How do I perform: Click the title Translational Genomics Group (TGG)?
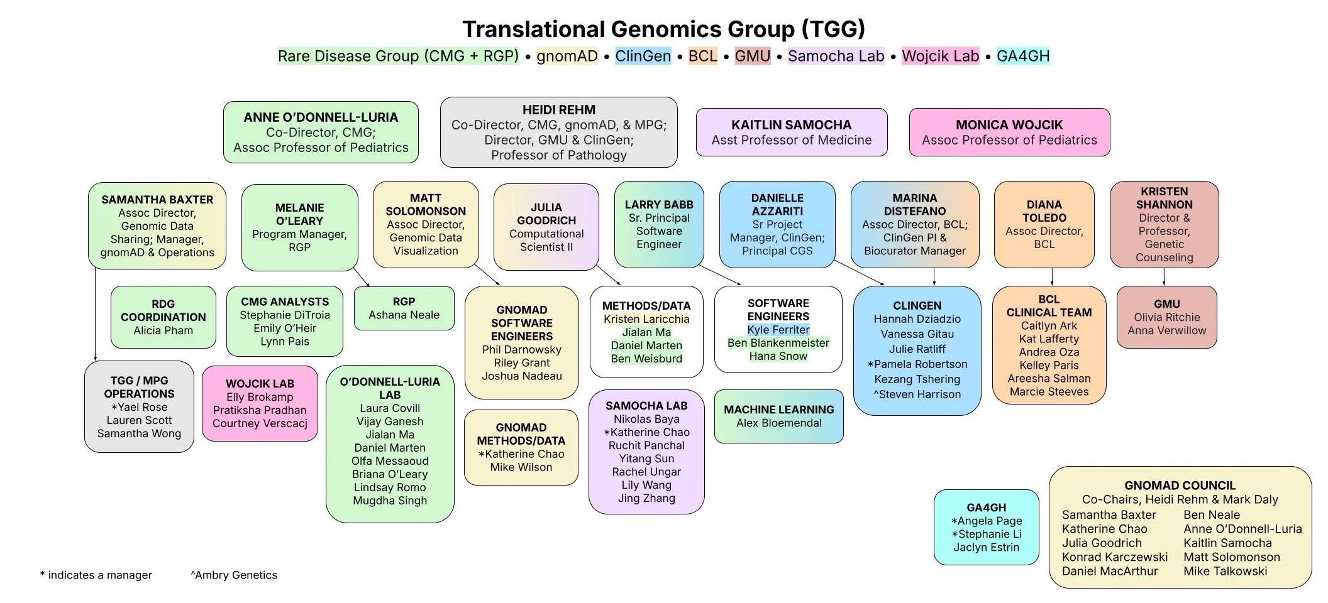point(663,29)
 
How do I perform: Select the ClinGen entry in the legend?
point(643,56)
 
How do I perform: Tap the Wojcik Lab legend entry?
point(940,56)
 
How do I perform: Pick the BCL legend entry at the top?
point(702,56)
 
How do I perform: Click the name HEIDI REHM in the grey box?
point(558,110)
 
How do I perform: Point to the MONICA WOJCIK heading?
point(1009,125)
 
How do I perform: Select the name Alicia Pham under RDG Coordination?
point(163,330)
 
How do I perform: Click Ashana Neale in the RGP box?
point(404,315)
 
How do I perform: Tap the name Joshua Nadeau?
point(522,376)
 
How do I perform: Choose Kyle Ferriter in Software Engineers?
point(778,330)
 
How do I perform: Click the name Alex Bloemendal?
point(779,423)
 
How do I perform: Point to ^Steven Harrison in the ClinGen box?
point(917,394)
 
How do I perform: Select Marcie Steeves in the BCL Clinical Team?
point(1049,392)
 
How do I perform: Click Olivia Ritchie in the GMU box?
point(1167,317)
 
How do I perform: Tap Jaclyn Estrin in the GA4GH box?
point(986,547)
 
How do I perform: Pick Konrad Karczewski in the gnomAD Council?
point(1115,557)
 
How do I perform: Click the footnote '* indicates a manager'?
point(96,575)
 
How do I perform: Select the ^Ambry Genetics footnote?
point(234,575)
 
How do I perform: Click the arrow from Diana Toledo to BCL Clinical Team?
point(1052,277)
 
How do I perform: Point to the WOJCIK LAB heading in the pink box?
point(260,384)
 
